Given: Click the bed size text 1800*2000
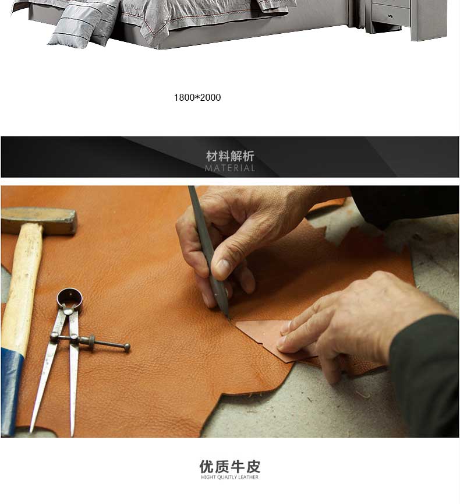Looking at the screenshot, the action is coord(197,97).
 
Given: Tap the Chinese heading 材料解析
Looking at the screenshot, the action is coord(230,156).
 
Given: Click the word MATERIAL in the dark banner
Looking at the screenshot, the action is coord(230,168).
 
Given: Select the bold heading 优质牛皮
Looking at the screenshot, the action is coord(229,466).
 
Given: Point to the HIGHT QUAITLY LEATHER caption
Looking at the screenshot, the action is coord(229,477).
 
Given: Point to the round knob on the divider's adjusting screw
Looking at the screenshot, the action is coord(127,347).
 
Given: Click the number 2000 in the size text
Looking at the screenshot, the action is coord(210,97).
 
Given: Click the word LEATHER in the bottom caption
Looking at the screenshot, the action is coord(248,477).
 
